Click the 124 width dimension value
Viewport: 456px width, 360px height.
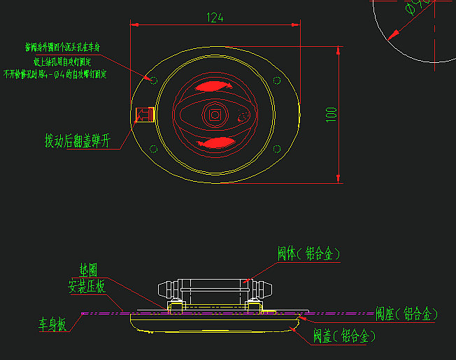point(215,18)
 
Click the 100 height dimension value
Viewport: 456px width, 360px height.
point(332,115)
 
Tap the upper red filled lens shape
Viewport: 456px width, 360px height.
point(213,87)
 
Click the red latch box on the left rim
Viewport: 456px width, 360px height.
point(144,115)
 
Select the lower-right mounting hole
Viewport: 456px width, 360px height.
point(276,147)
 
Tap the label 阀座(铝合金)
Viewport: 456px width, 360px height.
point(406,314)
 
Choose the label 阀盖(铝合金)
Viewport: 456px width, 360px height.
point(343,336)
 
